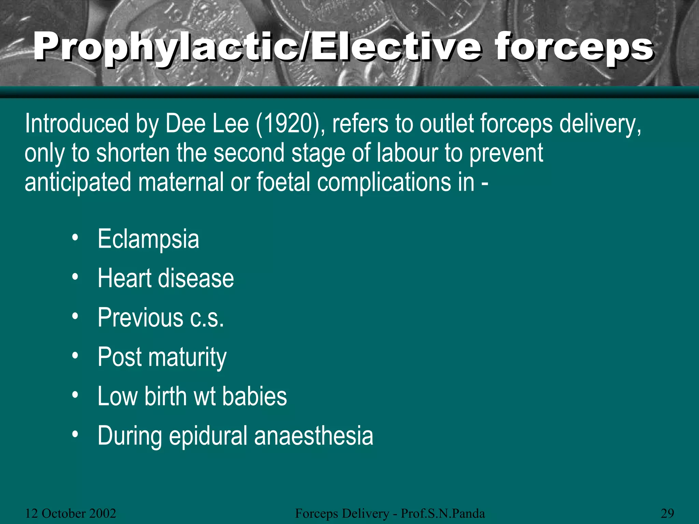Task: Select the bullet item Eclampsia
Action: click(x=148, y=239)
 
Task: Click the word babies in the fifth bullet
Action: click(x=255, y=396)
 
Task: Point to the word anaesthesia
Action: click(x=314, y=436)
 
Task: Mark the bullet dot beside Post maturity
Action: click(x=75, y=355)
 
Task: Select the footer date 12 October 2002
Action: click(x=71, y=513)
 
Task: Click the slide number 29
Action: click(x=667, y=513)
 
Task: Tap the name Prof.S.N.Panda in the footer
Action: click(x=443, y=513)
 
